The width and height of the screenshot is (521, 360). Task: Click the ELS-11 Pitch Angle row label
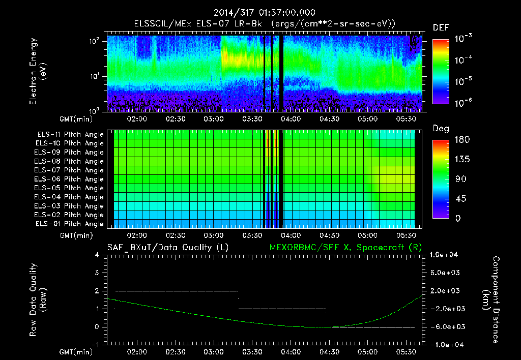pyautogui.click(x=70, y=134)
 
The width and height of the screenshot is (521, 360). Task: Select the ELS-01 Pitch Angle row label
pyautogui.click(x=70, y=224)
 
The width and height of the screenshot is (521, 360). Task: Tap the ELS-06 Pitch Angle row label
pyautogui.click(x=70, y=179)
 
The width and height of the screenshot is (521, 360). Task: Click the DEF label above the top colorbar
pyautogui.click(x=441, y=27)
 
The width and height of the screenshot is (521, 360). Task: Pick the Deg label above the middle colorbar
pyautogui.click(x=441, y=129)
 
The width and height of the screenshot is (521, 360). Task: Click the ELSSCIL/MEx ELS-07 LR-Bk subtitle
pyautogui.click(x=265, y=23)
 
